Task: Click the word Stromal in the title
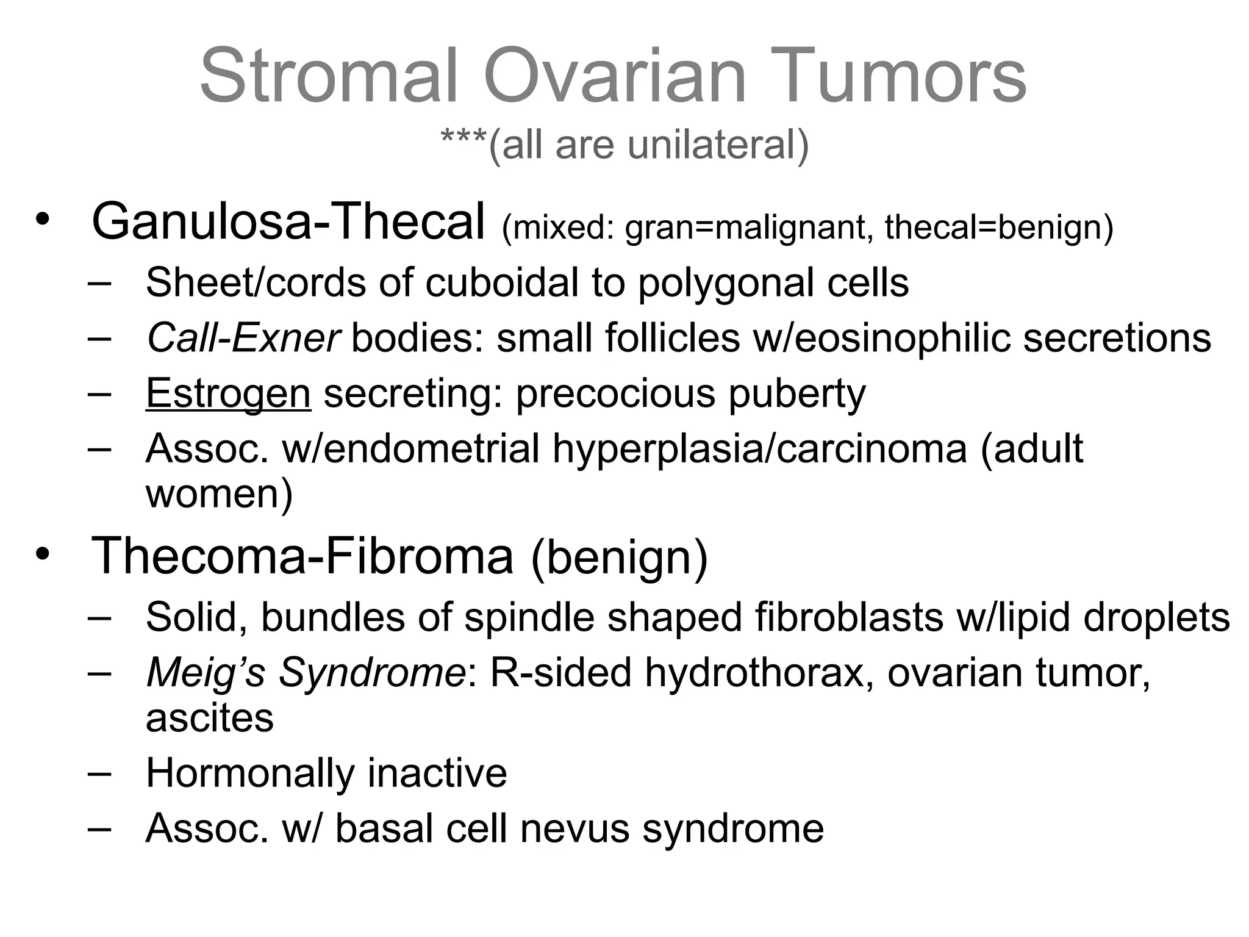pyautogui.click(x=329, y=77)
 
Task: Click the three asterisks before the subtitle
pyautogui.click(x=463, y=142)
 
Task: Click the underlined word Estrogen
pyautogui.click(x=228, y=394)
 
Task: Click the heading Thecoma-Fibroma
pyautogui.click(x=302, y=556)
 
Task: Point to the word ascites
pyautogui.click(x=210, y=719)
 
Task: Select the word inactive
pyautogui.click(x=437, y=774)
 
